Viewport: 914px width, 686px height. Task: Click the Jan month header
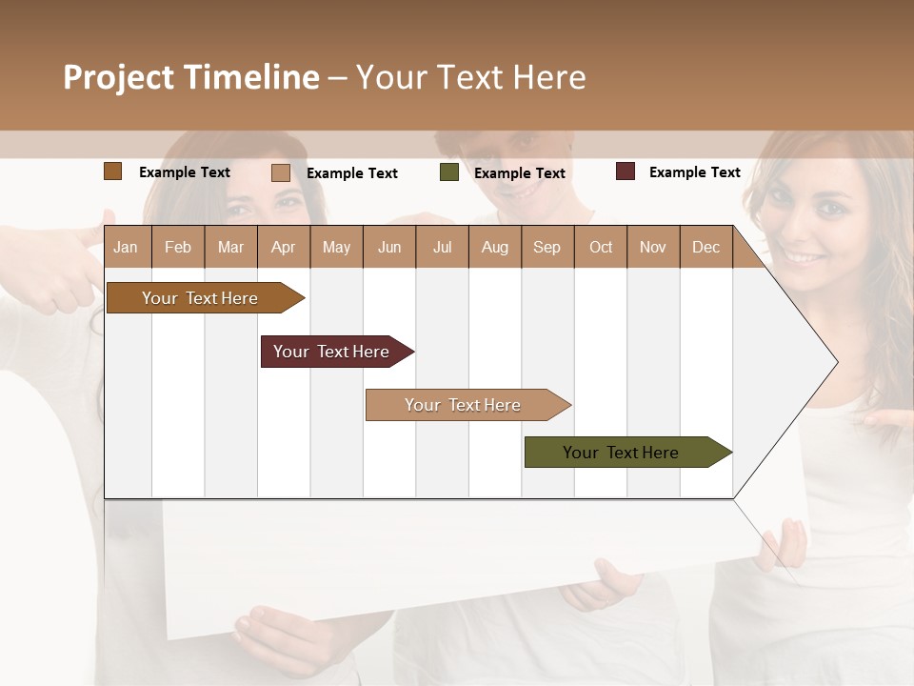coord(126,247)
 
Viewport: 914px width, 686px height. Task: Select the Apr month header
coord(283,247)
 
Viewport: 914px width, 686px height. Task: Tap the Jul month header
coord(442,247)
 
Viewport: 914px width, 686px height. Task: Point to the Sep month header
coord(546,247)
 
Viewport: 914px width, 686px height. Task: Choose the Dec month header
coord(705,247)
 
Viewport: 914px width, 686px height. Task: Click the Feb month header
coord(178,247)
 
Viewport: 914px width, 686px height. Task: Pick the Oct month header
coord(601,247)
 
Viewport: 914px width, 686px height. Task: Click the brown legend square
coord(112,171)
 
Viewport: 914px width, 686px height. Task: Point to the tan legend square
coord(280,172)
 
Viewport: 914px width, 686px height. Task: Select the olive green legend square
coord(449,172)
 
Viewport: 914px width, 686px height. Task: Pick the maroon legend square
coord(625,171)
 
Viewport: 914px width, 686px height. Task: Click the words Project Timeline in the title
coord(190,77)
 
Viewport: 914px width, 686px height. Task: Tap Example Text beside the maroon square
coord(694,172)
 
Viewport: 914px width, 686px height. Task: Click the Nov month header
coord(653,247)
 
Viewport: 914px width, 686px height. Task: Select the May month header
coord(336,247)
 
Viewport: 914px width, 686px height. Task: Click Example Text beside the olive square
coord(519,173)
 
